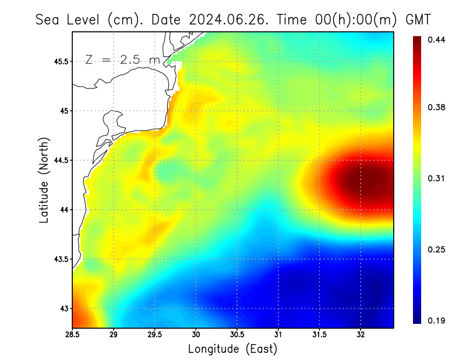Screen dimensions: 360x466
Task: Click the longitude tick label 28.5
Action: point(73,334)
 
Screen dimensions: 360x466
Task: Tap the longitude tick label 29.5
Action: point(155,334)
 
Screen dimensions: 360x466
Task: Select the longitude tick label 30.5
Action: point(237,334)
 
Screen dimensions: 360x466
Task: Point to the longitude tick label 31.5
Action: point(319,334)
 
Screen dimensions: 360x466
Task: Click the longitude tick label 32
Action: point(361,334)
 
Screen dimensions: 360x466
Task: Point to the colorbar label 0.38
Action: point(437,107)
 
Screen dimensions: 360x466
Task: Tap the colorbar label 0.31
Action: point(437,178)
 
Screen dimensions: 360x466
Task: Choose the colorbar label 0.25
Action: point(437,249)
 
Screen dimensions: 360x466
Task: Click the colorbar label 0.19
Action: point(437,320)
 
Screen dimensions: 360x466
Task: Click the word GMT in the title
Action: point(418,19)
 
